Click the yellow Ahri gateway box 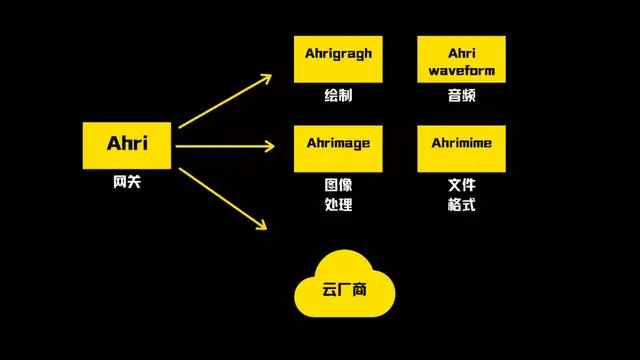[x=127, y=146]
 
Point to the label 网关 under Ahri [x=127, y=184]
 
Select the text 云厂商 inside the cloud [x=346, y=291]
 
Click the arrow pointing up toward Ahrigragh [x=225, y=110]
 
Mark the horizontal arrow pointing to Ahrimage [x=225, y=147]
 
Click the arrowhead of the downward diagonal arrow [x=264, y=224]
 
